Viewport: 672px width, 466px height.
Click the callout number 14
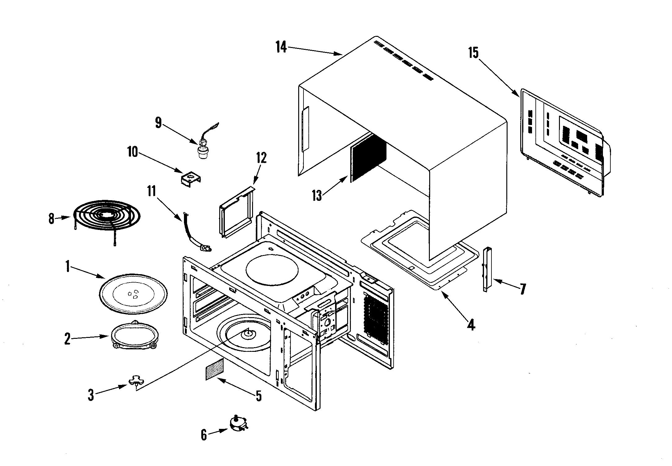pyautogui.click(x=281, y=48)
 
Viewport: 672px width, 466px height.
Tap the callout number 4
pyautogui.click(x=471, y=325)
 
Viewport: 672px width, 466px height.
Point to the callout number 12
pyautogui.click(x=261, y=158)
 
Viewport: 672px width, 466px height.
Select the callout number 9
pyautogui.click(x=159, y=123)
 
